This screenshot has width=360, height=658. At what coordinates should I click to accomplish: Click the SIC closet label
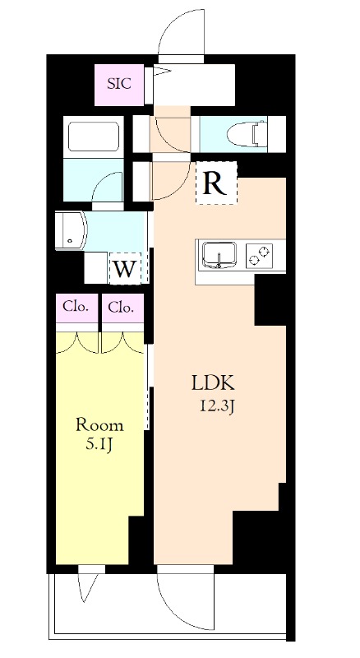click(x=120, y=83)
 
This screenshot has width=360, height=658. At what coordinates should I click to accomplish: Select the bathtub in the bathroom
click(x=94, y=135)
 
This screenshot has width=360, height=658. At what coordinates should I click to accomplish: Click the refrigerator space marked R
click(x=215, y=183)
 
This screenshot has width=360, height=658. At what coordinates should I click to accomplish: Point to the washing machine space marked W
click(x=125, y=268)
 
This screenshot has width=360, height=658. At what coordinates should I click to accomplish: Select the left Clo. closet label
click(x=76, y=308)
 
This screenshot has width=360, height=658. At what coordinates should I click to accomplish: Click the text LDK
click(x=214, y=382)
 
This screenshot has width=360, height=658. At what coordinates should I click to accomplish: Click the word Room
click(x=99, y=425)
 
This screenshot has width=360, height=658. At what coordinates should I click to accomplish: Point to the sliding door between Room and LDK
click(x=150, y=387)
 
